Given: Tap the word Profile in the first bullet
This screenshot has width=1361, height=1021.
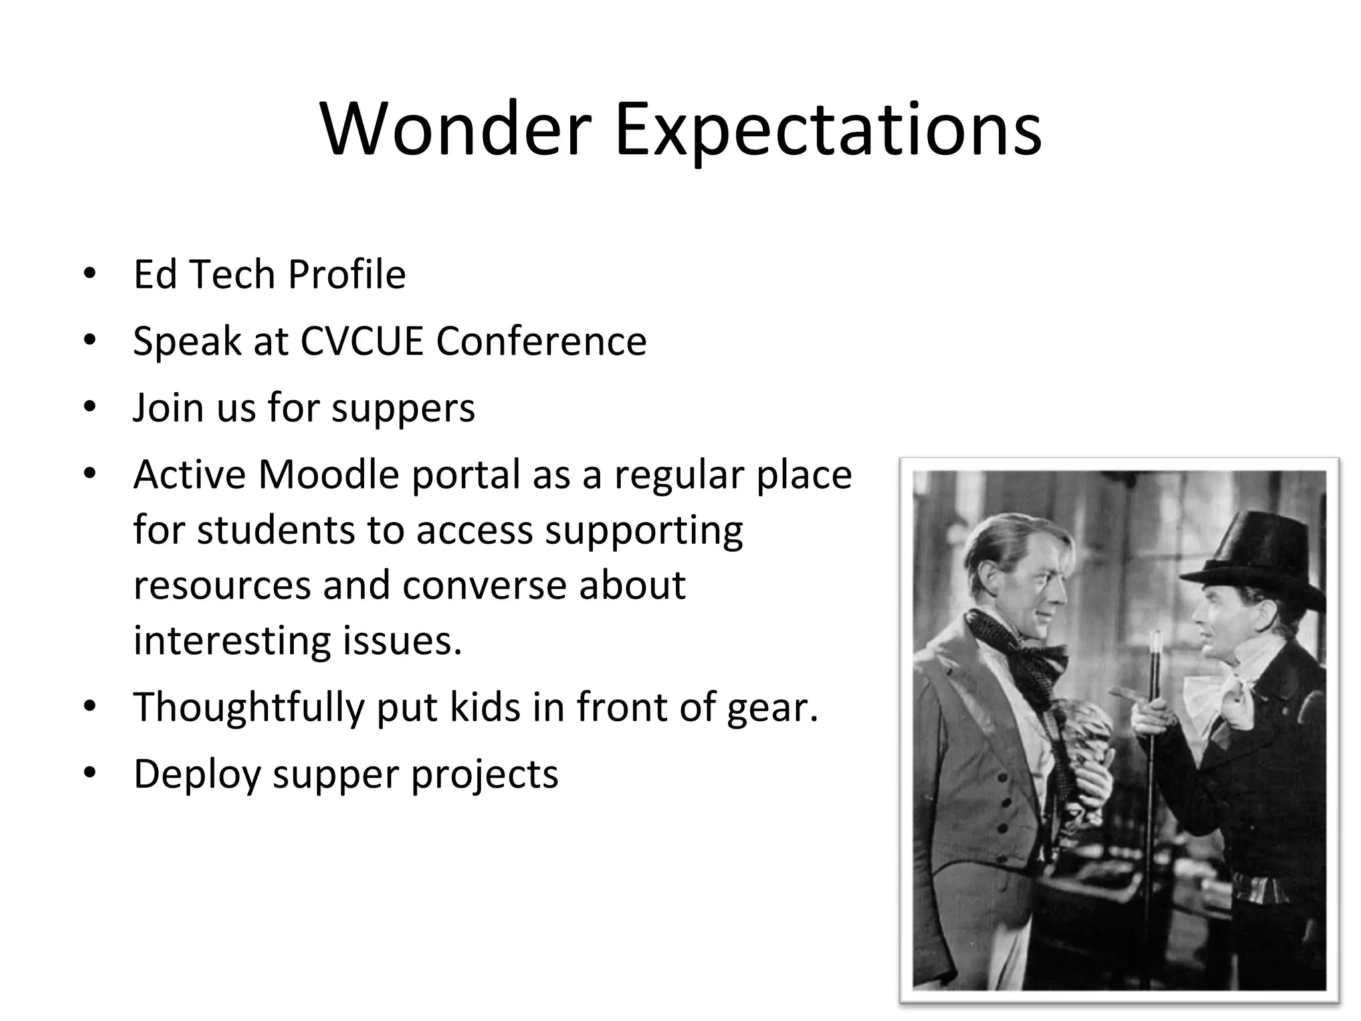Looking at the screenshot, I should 346,274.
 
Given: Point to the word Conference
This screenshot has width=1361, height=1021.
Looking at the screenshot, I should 541,341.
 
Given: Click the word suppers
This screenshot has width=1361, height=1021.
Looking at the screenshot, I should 403,407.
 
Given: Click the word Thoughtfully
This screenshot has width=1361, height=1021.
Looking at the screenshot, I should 249,707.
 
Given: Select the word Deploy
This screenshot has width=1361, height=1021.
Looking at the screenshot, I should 197,774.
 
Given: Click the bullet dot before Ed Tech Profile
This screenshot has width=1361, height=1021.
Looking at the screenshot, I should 90,274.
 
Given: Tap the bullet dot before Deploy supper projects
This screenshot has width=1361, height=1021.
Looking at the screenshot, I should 90,773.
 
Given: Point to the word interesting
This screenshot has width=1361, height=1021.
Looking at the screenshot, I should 232,641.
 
